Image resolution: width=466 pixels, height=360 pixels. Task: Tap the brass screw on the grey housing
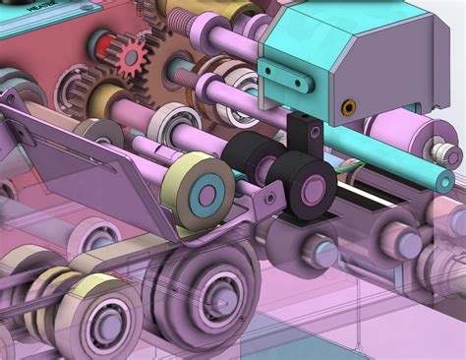(x=346, y=105)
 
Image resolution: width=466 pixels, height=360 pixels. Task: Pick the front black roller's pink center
(x=314, y=187)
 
